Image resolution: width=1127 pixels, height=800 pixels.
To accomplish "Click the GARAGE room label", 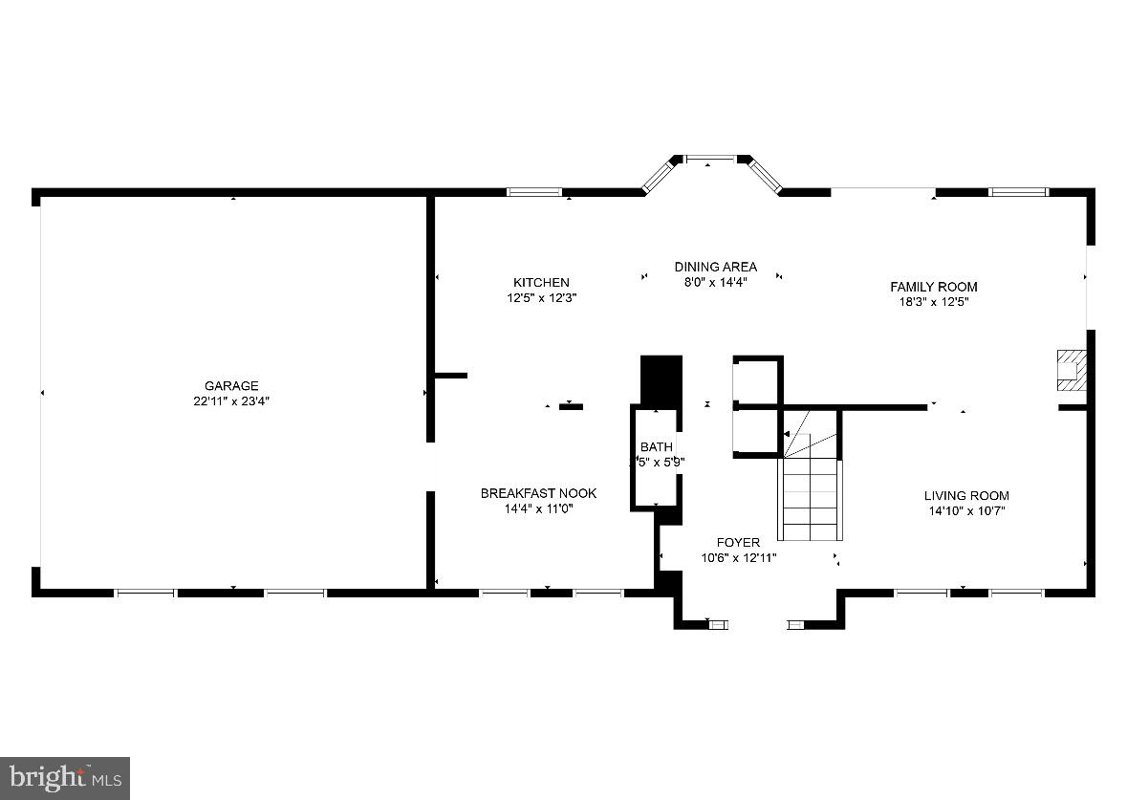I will point(231,386).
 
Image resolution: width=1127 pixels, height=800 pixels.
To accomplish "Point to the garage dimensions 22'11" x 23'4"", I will point(231,401).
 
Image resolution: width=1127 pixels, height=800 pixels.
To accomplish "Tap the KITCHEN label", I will point(541,283).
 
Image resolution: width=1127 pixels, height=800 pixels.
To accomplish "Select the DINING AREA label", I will point(715,267).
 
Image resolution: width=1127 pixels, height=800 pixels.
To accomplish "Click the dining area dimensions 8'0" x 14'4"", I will point(715,282).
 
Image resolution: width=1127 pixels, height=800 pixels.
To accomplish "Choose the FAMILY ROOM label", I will point(933,287).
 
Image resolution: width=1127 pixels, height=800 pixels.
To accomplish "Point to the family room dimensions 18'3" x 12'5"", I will point(933,302).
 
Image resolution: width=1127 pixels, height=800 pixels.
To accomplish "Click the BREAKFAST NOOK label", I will point(538,493).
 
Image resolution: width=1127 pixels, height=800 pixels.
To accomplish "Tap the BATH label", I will point(657,446).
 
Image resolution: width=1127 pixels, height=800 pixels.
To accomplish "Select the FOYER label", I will point(739,542).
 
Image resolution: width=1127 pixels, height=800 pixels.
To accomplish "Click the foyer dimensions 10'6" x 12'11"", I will point(739,557).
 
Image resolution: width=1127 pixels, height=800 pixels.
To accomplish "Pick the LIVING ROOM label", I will point(965,495).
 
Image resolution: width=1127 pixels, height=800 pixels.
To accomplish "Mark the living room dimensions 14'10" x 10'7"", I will point(965,510).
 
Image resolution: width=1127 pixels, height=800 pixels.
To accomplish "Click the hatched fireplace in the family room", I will point(1071,370).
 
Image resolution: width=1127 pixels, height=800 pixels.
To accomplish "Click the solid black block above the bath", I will point(661,380).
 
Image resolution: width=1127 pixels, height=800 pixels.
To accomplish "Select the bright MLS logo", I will point(64,778).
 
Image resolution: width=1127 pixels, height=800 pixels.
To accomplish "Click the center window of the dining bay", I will point(709,159).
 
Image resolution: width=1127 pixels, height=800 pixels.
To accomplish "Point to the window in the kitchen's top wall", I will point(534,192).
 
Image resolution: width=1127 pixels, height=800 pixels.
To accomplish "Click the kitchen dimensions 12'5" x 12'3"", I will point(541,298).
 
